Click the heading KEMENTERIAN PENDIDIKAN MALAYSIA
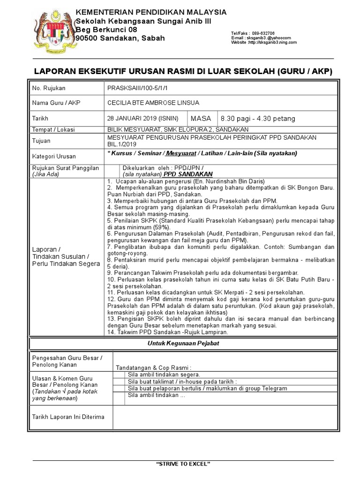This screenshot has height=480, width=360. pos(151,12)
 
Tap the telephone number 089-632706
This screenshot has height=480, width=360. pos(263,33)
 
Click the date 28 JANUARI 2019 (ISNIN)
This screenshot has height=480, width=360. pos(146,119)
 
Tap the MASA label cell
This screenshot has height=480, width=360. pos(201,119)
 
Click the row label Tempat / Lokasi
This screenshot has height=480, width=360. pos(53,129)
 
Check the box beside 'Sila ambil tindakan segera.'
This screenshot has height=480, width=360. pos(119,375)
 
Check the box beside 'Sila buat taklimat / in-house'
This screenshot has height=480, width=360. pos(119,381)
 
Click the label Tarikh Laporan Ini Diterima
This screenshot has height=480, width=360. pos(68,416)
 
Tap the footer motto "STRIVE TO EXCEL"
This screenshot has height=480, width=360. pos(183,464)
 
